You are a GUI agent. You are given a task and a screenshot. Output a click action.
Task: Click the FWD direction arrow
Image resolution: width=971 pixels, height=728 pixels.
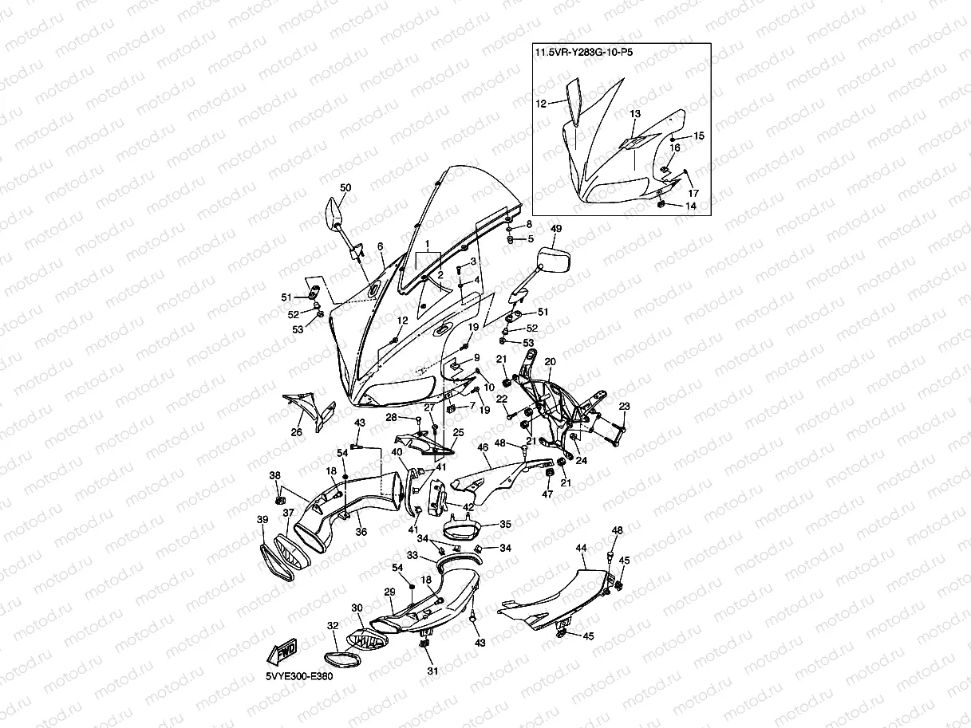tap(282, 651)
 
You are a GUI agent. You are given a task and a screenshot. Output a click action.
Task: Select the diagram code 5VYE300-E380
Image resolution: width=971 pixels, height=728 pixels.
tap(299, 676)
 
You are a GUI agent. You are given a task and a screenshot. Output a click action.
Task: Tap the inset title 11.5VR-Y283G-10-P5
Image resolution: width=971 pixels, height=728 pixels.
tap(584, 52)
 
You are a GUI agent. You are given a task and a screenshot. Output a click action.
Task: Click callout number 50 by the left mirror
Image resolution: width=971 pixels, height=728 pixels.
tap(345, 187)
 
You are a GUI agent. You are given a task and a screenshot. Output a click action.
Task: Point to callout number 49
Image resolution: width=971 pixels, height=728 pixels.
tap(556, 229)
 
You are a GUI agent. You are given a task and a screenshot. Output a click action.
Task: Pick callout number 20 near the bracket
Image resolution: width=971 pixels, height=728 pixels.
tap(550, 361)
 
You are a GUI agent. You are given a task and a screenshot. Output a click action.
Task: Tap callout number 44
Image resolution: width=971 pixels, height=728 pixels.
tap(581, 548)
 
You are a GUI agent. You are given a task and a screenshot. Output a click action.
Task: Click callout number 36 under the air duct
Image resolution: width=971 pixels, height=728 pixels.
tap(361, 532)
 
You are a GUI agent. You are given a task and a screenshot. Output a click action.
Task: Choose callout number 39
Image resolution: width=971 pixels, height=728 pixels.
tap(262, 519)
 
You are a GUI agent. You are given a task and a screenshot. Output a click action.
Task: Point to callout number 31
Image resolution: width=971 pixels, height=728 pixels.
tap(432, 671)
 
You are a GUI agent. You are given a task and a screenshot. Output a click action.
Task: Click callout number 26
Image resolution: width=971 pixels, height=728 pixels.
tap(296, 432)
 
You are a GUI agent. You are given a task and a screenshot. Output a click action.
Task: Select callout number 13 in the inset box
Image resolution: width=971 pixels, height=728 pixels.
tap(635, 113)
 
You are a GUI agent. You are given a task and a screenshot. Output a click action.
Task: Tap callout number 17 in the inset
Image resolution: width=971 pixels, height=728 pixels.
tap(693, 193)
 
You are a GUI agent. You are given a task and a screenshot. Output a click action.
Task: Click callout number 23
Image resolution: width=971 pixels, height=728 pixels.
tap(624, 406)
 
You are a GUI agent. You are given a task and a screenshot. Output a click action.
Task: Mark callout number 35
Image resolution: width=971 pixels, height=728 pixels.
tap(505, 524)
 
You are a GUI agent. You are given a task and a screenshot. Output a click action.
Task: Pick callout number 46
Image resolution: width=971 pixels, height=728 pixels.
tap(483, 447)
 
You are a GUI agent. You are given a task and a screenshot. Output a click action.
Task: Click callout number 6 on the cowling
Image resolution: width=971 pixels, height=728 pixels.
tap(381, 246)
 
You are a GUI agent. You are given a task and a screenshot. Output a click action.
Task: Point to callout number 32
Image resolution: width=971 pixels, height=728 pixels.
tap(333, 625)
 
